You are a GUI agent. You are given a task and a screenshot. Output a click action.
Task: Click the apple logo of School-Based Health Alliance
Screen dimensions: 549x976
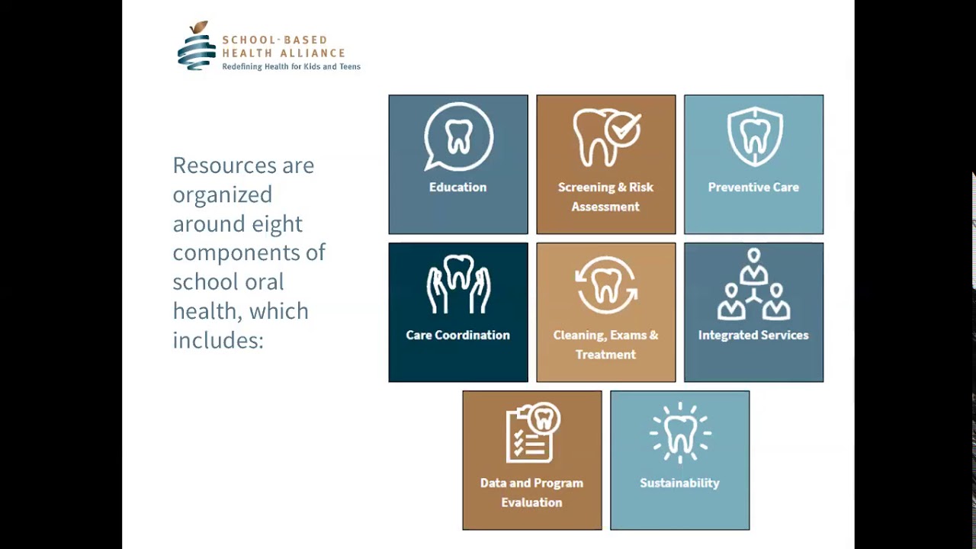point(197,47)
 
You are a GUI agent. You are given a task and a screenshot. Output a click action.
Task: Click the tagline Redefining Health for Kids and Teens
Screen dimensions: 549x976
point(291,67)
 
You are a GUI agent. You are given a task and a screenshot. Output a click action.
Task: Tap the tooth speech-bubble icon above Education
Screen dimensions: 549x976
point(458,137)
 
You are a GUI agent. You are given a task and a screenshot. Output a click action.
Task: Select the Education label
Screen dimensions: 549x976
point(457,188)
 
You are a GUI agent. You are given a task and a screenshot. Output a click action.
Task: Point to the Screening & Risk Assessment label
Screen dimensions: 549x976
point(605,197)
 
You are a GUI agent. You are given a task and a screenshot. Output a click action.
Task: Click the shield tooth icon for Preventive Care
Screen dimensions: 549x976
point(754,136)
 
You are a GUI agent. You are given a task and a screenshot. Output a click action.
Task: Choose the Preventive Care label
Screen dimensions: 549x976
point(753,188)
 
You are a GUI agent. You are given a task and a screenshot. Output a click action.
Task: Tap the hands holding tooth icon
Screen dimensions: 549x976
point(458,284)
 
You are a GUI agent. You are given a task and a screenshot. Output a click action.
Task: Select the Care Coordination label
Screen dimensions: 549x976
point(457,335)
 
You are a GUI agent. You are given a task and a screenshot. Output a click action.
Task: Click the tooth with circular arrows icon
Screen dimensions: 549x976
point(606,285)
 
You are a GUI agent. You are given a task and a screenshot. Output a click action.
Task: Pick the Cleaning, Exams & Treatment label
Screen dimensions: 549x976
point(605,345)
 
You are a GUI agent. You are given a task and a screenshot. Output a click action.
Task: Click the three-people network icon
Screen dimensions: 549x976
point(753,284)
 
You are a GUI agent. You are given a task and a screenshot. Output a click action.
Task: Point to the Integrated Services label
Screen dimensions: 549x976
point(753,335)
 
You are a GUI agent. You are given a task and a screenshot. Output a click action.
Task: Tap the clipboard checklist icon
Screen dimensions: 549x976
point(532,432)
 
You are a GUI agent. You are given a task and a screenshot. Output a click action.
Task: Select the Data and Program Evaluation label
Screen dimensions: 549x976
point(531,493)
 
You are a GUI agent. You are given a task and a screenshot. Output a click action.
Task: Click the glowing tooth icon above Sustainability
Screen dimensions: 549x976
point(680,432)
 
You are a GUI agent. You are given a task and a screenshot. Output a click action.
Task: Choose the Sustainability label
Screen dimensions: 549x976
point(679,483)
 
